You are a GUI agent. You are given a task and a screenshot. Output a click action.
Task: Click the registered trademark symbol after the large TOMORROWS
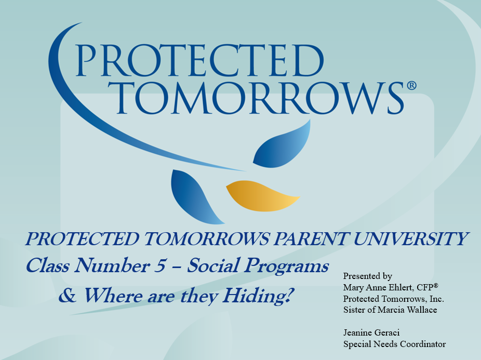coord(411,86)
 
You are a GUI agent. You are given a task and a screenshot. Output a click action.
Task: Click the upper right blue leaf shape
coord(283,144)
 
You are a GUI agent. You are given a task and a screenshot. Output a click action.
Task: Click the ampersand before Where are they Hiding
coord(68,296)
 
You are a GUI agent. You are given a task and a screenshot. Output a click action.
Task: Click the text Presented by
coord(367,276)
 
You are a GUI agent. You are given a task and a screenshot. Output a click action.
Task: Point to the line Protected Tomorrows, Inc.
coord(393,299)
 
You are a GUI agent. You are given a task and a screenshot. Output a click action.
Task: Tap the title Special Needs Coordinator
coord(394,344)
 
